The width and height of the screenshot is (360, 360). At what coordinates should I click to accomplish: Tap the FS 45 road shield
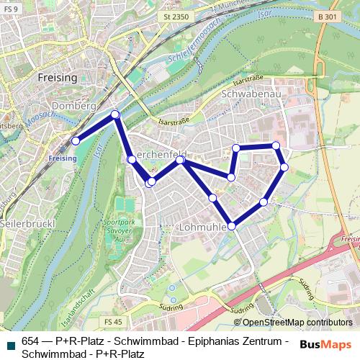114,321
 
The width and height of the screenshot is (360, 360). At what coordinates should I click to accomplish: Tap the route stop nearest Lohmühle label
231,226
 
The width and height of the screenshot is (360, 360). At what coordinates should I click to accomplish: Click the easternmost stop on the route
284,167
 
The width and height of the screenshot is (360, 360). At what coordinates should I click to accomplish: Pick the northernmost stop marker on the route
115,114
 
